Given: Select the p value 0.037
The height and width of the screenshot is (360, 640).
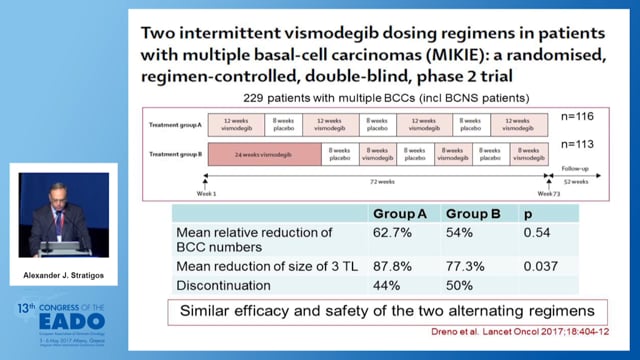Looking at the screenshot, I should [x=537, y=266].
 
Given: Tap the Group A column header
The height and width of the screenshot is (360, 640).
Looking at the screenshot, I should [x=401, y=214].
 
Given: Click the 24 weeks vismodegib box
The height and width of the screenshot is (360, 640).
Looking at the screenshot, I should [x=263, y=155].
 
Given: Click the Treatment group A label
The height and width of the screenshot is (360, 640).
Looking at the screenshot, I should [x=177, y=125].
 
